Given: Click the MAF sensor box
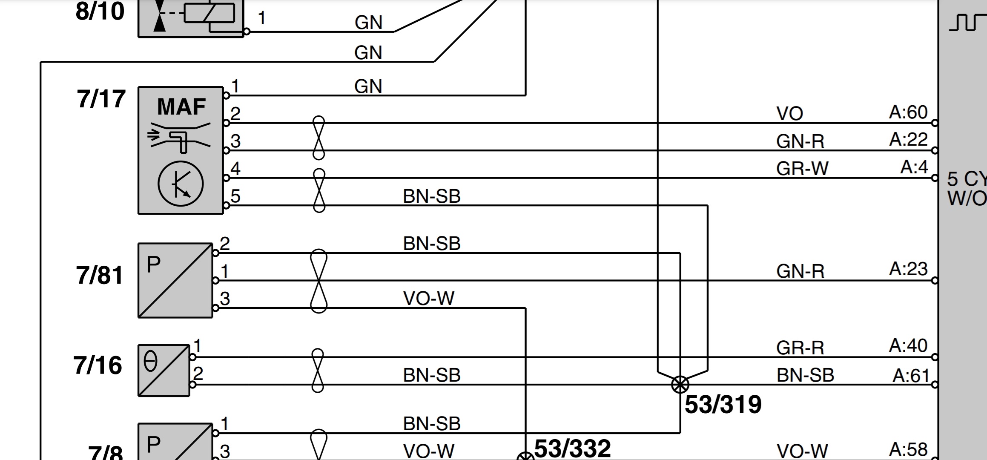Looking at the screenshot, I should tap(181, 150).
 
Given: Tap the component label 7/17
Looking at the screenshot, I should tap(101, 99).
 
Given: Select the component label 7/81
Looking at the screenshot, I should tap(100, 275).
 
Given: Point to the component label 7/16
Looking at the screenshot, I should tap(98, 365).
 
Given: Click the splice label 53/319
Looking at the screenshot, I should tap(723, 405).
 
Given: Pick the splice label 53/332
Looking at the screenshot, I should tap(572, 448).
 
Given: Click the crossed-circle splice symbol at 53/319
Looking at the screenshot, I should tap(680, 385).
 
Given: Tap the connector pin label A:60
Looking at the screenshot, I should tap(908, 112).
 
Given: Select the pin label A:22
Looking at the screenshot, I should tap(908, 140).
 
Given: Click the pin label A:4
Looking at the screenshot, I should tap(914, 167).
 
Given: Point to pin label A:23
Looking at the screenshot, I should tap(908, 269).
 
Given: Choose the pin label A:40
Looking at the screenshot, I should tap(908, 345).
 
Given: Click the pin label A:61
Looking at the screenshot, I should tap(911, 376).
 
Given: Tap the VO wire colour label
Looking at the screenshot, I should tap(789, 114).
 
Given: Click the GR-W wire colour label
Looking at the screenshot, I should tap(802, 169).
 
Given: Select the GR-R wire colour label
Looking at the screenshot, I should tap(800, 348).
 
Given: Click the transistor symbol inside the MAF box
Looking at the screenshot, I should tap(181, 184).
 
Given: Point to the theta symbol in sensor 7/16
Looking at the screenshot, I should tap(151, 362).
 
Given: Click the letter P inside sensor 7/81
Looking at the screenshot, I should tap(153, 264).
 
